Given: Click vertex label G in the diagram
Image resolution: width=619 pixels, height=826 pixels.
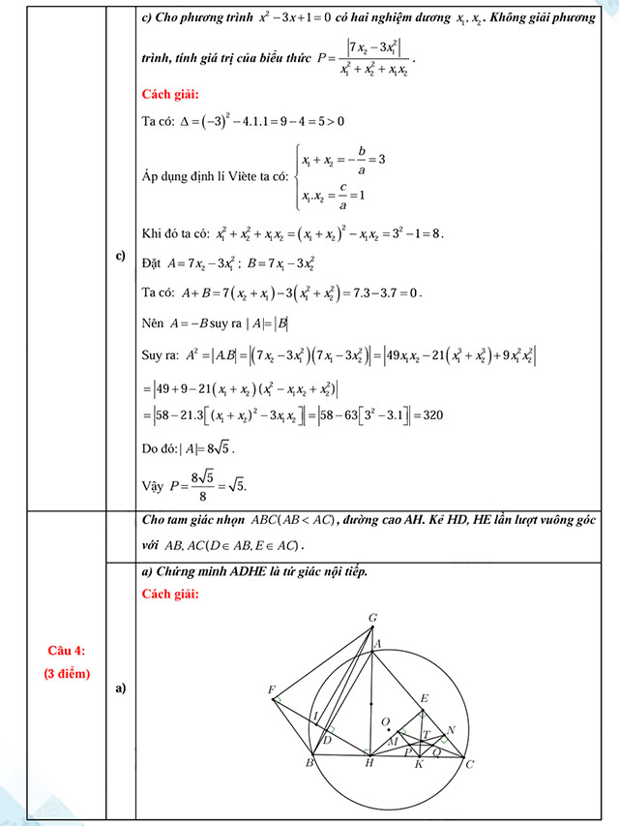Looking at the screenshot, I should click(373, 617).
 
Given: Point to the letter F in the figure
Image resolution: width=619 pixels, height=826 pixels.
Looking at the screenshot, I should click(272, 689).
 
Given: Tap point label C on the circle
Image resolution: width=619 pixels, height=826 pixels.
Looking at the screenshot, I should click(470, 765).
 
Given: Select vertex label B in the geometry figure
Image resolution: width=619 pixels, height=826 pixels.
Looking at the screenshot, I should click(309, 765).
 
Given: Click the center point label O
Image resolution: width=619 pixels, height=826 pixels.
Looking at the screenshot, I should click(385, 720).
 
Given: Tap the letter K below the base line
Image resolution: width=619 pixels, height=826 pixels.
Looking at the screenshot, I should click(419, 765).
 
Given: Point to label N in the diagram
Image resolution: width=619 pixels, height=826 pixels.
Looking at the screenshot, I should click(451, 729).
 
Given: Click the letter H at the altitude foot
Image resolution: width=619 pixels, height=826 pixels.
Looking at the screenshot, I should click(368, 765).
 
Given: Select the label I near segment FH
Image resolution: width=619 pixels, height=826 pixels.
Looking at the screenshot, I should click(315, 716).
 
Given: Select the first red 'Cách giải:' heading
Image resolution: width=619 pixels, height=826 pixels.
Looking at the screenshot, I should click(170, 94).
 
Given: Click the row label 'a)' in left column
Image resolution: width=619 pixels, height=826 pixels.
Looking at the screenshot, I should click(121, 688).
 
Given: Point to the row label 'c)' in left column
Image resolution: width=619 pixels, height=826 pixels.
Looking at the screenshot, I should click(121, 257).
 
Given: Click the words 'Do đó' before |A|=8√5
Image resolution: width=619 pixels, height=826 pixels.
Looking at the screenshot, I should click(160, 448).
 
